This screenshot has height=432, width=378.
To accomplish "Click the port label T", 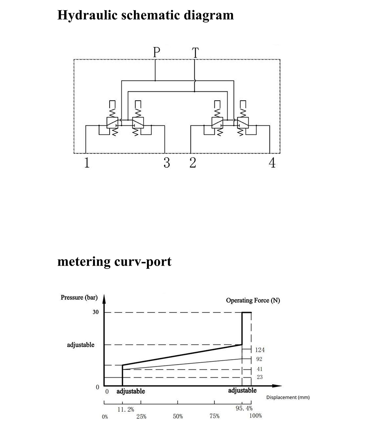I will (195, 52).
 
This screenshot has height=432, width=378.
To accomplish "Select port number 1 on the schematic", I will (87, 163).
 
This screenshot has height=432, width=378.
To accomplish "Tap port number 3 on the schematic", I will (167, 163).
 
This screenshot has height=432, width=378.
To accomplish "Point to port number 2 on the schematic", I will (193, 163).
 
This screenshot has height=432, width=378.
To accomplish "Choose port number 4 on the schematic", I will (272, 163).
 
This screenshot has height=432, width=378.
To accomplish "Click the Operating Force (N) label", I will (253, 300).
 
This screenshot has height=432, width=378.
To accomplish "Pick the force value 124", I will (260, 350).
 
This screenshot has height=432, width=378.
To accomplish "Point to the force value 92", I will (259, 359).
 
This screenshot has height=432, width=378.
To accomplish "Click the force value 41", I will (259, 369).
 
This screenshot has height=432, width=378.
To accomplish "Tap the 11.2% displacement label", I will (126, 409).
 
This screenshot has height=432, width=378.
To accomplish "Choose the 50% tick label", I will (178, 417).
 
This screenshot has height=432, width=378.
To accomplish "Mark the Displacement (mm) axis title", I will (288, 398).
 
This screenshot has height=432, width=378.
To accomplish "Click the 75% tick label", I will (214, 417).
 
